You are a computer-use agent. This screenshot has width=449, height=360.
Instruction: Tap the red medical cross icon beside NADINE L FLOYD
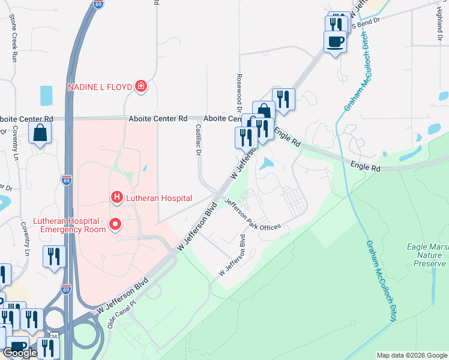pos(141,88)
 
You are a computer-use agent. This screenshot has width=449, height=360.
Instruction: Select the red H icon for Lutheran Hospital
pos(116,197)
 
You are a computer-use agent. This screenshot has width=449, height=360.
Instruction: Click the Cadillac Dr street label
pos(197,138)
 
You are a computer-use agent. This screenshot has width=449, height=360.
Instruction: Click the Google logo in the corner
pos(20,353)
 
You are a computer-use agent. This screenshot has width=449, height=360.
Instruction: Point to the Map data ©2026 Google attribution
pos(411,355)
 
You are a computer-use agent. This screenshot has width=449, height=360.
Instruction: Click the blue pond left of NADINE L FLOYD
pos(46,94)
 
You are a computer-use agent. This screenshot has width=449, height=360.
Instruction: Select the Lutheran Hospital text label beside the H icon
pos(158,198)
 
